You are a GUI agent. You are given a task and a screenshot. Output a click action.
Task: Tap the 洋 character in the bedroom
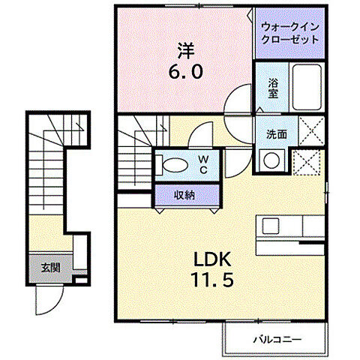pos(186,51)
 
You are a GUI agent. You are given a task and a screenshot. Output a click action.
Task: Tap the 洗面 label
pos(276,135)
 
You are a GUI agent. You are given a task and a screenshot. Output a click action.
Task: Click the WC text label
pos(203,164)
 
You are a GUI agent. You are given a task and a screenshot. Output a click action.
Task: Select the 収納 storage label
pos(186,195)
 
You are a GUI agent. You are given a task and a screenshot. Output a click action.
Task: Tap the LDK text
pos(213,261)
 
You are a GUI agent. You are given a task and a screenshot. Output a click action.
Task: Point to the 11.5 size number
pos(212,286)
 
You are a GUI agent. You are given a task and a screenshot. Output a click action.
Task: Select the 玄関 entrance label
pos(51,266)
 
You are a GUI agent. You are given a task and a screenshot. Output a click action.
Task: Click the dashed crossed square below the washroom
pos(307,160)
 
